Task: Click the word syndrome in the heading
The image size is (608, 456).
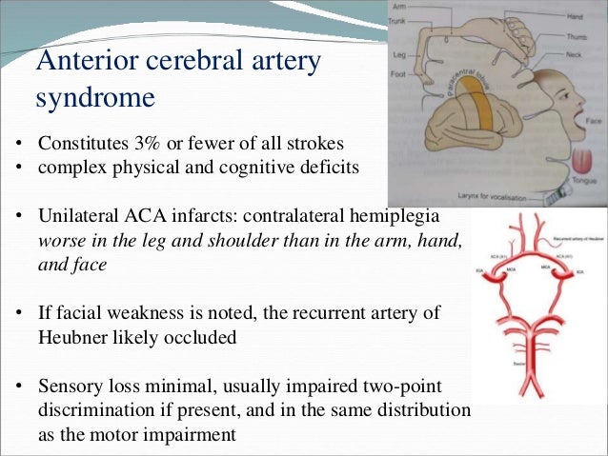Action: (95, 97)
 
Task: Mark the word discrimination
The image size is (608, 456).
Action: (100, 409)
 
